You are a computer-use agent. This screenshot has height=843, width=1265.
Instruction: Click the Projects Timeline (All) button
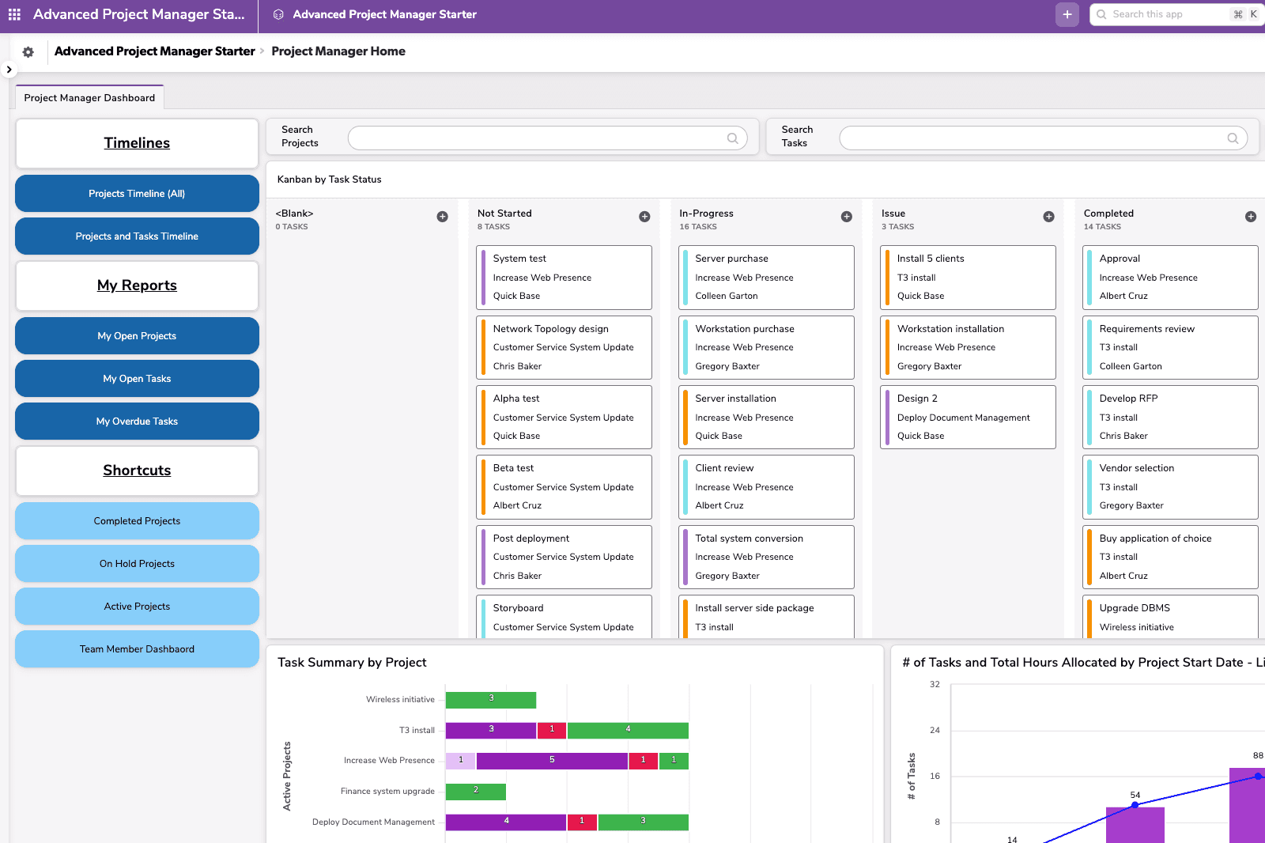137,194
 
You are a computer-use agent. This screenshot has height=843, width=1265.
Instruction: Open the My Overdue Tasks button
137,421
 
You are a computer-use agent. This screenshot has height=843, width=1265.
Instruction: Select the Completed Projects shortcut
137,521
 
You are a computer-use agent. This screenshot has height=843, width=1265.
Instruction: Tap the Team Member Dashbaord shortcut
137,649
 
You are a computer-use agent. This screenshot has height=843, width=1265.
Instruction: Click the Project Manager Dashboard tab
89,98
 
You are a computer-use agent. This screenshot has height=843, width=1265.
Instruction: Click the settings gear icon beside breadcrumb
28,52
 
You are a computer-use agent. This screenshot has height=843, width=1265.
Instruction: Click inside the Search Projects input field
538,138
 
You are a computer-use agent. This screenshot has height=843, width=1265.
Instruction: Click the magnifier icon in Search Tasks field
1232,138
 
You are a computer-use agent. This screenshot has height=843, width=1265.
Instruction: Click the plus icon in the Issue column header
1048,217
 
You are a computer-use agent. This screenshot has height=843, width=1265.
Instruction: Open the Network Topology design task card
564,347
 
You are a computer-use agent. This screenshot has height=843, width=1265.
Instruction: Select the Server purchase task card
765,278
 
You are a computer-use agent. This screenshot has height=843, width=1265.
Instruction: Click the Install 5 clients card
968,278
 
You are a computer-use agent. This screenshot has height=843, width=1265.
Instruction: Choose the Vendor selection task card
1169,486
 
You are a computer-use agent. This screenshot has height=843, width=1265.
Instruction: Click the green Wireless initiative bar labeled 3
491,700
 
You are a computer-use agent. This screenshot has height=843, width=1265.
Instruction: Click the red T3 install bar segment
552,730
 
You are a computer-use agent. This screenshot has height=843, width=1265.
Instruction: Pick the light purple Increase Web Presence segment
461,761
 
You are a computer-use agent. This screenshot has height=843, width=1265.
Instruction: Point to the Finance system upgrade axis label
387,791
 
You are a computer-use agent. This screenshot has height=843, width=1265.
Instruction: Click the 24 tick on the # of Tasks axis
935,730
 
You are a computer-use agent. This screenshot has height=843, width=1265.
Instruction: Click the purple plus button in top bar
1067,14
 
